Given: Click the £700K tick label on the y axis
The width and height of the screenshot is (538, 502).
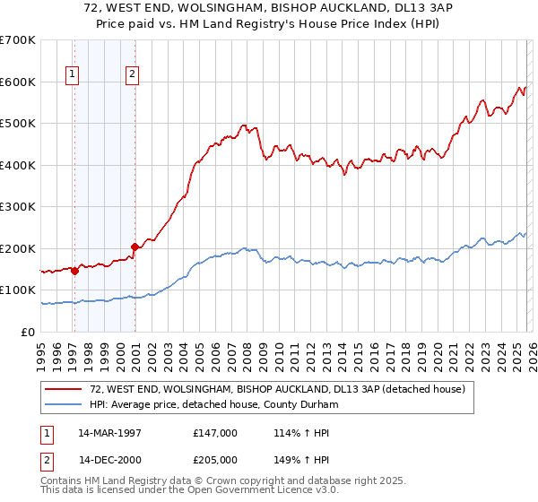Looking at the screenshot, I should (18, 40).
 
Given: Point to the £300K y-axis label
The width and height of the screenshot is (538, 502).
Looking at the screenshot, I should (18, 207).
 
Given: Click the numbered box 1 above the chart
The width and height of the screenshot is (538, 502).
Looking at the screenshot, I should (72, 75).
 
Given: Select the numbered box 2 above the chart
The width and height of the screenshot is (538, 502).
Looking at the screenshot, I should (132, 75).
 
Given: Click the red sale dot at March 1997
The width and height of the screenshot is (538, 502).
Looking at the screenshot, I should (75, 271).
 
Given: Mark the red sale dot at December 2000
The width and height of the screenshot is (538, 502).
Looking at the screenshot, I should (134, 247).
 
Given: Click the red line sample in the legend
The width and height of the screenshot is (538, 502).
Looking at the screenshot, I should (64, 390).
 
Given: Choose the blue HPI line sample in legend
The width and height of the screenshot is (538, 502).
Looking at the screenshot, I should (64, 405).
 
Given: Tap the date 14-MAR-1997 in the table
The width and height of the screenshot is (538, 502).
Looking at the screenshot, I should (109, 433).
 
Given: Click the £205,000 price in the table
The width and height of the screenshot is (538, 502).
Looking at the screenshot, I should (215, 460).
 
